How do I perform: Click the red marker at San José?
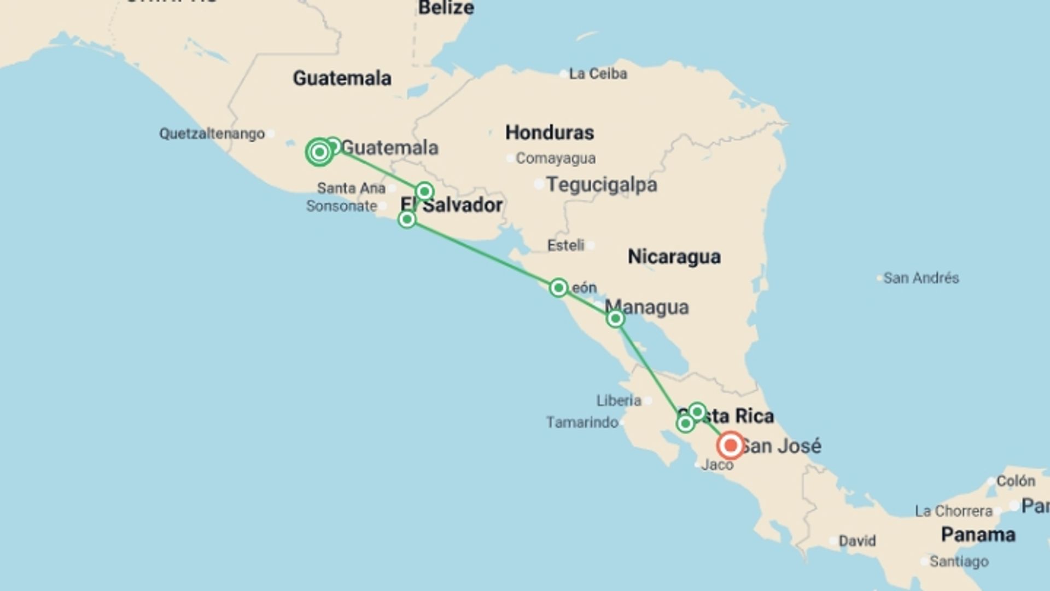pos(730,445)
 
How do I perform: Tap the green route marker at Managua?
pos(615,318)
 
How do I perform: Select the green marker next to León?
pos(558,287)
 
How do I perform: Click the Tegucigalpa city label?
pos(602,185)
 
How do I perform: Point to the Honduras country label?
pos(550,132)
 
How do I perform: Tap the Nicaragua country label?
pos(674,257)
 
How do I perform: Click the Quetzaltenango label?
pos(212,134)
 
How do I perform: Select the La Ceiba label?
pos(598,74)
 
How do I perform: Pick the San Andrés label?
pos(921,278)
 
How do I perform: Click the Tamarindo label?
pos(582,422)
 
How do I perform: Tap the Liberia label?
pos(619,401)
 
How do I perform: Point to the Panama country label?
pos(978,535)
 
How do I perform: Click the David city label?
pos(857,541)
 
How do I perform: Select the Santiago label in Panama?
pos(959,561)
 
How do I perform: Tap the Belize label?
pos(446,8)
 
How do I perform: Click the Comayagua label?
pos(556,159)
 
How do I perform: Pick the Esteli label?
pos(565,245)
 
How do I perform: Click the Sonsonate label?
pos(342,206)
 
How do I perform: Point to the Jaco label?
pos(717,465)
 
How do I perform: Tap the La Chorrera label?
pos(953,511)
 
